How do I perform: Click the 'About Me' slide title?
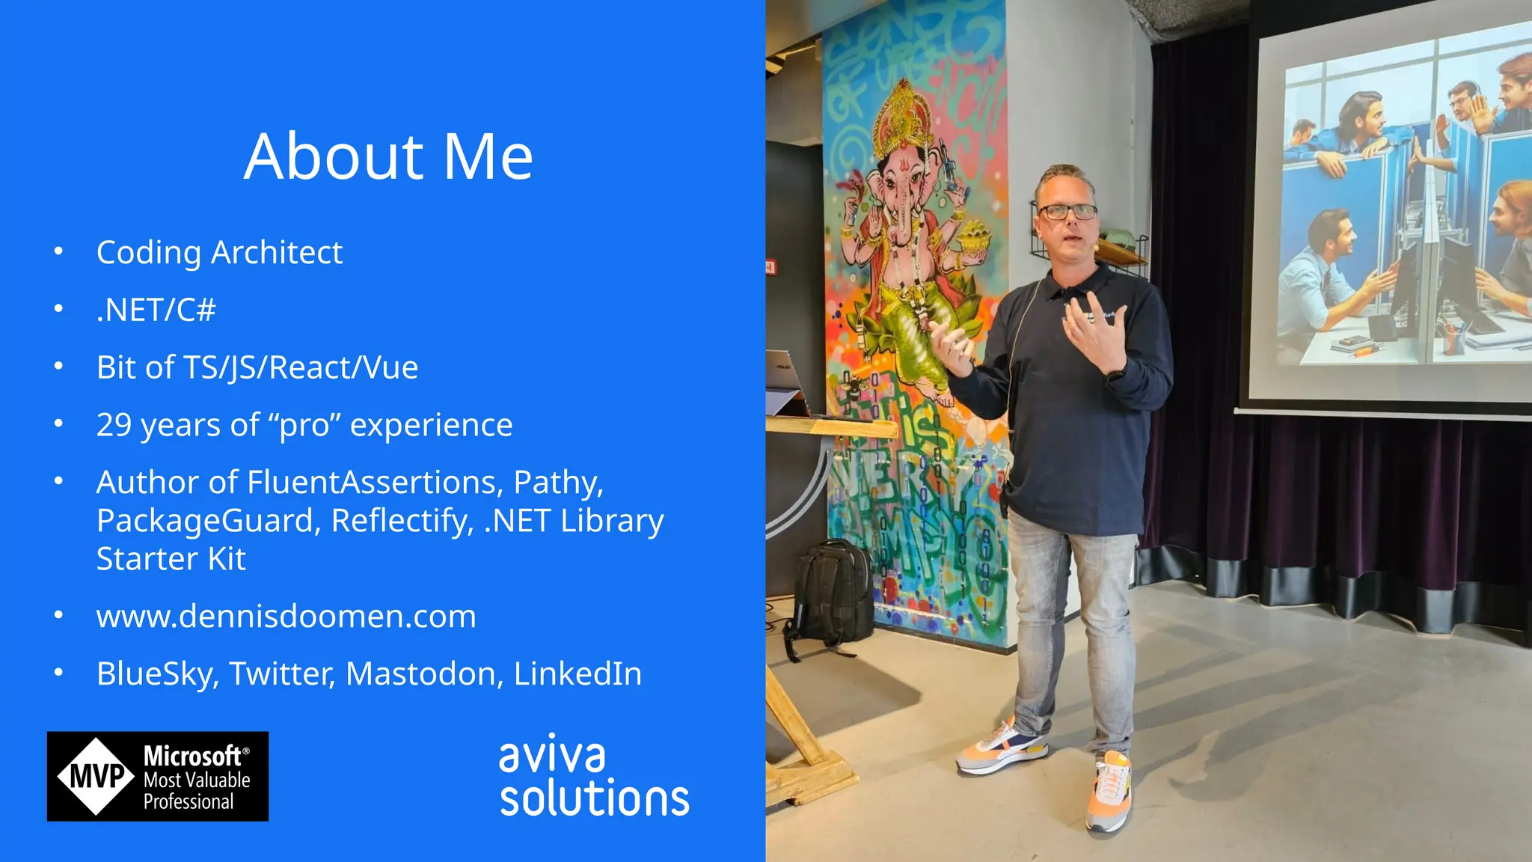tap(388, 156)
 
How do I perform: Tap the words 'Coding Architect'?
tap(219, 253)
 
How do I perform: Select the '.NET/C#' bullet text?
tap(156, 310)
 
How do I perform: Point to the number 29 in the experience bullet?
tap(114, 425)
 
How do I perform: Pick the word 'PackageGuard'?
tap(209, 521)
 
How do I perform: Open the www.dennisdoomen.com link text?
tap(286, 617)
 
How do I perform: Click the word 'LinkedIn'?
tap(577, 674)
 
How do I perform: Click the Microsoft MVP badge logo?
tap(158, 777)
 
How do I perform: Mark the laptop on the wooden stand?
tap(785, 382)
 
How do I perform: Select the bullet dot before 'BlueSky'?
tap(59, 673)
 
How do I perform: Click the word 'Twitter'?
tap(281, 674)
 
